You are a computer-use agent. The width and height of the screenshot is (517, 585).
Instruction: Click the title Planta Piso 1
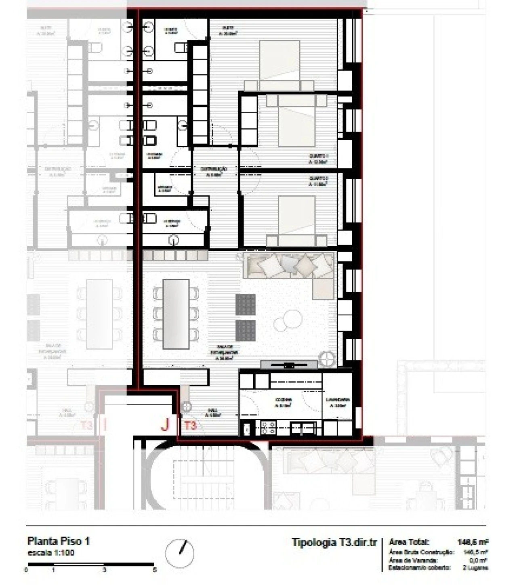click(x=58, y=541)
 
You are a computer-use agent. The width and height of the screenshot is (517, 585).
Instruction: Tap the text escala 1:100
click(x=51, y=553)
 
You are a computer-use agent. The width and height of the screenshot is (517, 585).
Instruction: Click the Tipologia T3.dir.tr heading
click(x=334, y=542)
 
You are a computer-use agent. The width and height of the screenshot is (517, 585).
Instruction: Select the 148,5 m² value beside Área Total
click(x=472, y=542)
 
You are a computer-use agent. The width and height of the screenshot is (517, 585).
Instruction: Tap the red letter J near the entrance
click(x=165, y=424)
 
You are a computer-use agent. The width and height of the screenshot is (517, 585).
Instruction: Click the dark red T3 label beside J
click(x=191, y=425)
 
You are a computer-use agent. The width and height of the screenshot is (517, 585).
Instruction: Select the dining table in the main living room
click(x=176, y=314)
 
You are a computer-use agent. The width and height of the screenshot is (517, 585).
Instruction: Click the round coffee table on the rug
click(x=287, y=321)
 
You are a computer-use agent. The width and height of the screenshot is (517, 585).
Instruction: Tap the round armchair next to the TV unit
click(x=326, y=358)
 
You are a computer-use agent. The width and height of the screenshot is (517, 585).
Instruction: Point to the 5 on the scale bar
click(x=155, y=570)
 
